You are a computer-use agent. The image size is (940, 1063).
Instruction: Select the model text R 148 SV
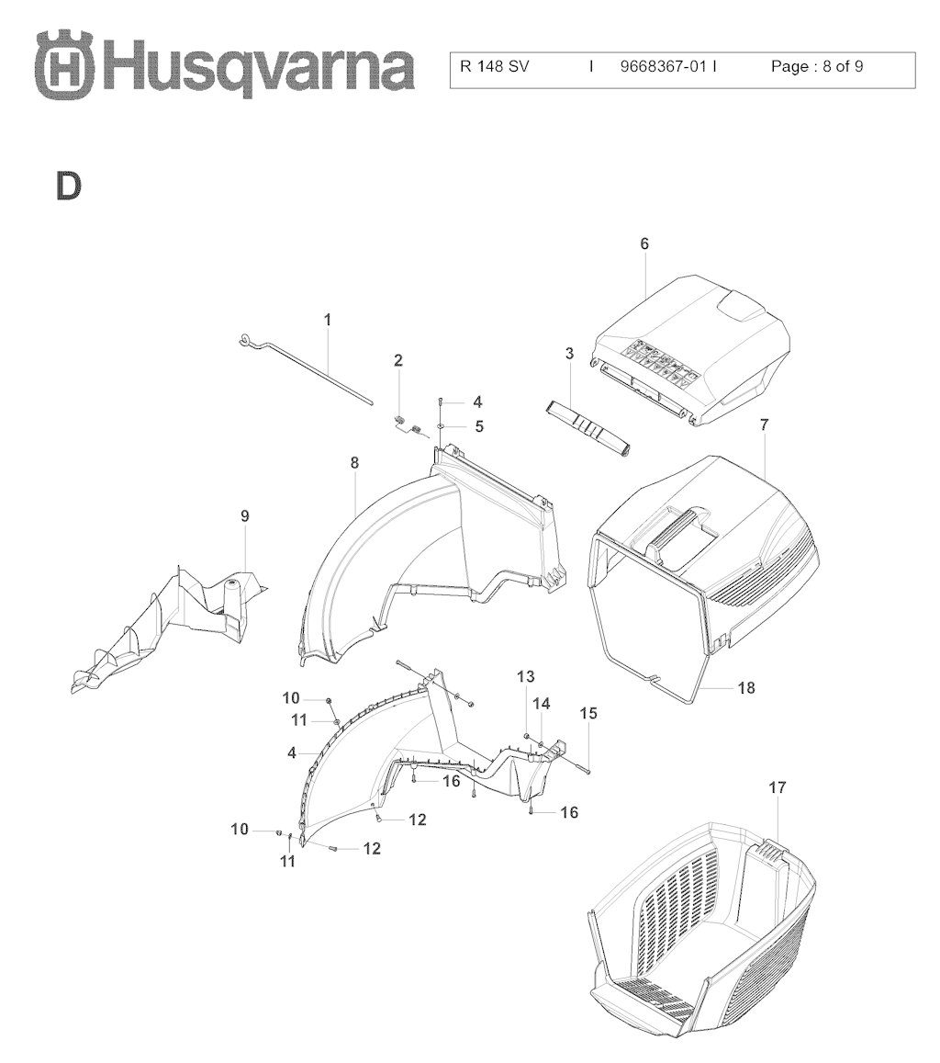(495, 66)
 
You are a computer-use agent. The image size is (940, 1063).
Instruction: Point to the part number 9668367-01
(664, 66)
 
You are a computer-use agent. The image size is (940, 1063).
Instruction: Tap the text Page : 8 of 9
(817, 66)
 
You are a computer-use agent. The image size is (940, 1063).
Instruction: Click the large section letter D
(69, 186)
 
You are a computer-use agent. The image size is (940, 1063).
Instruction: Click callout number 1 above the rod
(328, 320)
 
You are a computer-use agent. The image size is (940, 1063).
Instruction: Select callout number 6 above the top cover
(644, 243)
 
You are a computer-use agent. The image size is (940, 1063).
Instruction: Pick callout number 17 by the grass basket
(778, 787)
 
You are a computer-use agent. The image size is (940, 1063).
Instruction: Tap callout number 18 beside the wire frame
(746, 687)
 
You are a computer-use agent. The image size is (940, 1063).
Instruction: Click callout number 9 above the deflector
(245, 516)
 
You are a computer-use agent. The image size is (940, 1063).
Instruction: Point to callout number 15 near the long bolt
(588, 713)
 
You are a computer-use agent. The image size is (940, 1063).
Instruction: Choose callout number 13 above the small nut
(525, 676)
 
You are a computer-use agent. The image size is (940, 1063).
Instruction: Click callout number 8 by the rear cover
(354, 463)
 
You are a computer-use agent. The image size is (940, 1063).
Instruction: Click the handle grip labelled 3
(587, 431)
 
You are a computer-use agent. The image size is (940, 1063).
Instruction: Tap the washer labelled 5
(440, 426)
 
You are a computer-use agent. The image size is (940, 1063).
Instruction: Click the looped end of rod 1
(247, 342)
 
